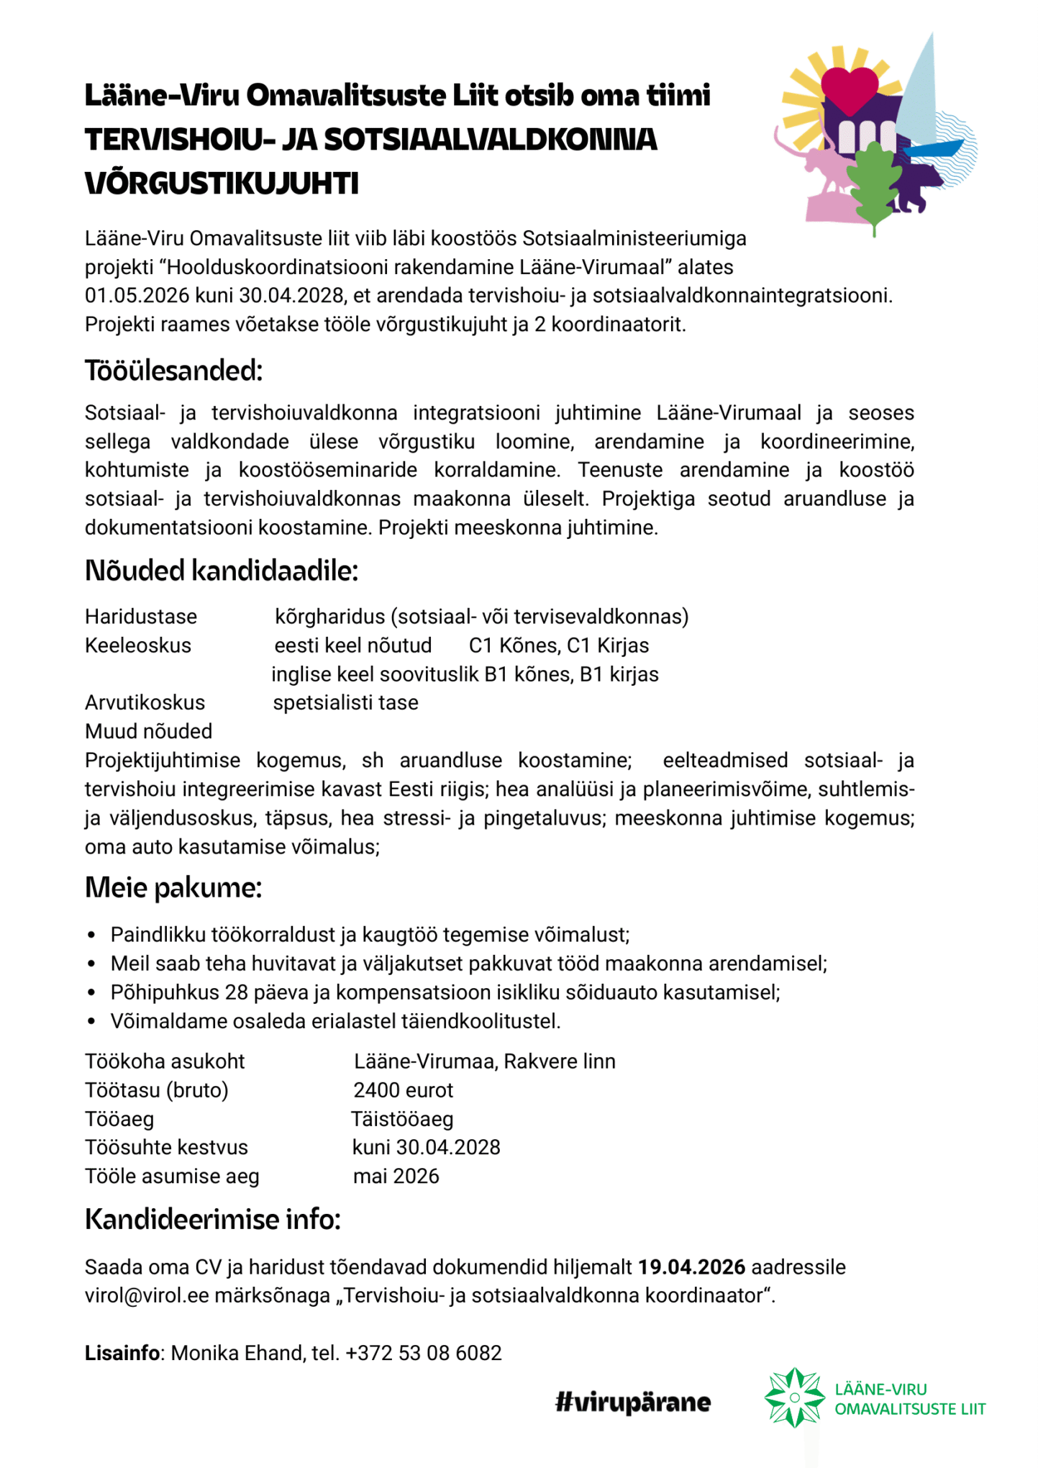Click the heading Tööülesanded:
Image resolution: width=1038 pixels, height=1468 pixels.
tap(173, 371)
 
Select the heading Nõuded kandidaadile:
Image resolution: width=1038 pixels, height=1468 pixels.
tap(221, 571)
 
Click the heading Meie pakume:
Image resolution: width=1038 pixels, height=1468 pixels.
tap(173, 888)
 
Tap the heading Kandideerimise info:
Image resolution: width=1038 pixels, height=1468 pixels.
tap(212, 1220)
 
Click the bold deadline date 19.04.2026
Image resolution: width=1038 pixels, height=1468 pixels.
tap(691, 1267)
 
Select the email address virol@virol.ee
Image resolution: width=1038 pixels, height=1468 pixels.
tap(147, 1296)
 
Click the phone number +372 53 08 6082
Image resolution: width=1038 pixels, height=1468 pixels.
tap(423, 1354)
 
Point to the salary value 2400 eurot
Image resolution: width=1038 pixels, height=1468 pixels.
tap(403, 1090)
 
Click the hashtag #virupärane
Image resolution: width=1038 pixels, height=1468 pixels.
tap(633, 1402)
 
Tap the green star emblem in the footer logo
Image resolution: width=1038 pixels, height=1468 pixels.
tap(794, 1397)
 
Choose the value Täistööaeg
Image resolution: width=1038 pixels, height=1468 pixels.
tap(402, 1119)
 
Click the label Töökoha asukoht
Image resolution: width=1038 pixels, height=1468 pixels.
tap(165, 1061)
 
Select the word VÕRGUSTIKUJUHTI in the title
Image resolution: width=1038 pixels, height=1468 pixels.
tap(222, 183)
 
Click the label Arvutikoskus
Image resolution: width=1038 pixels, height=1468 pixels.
tap(145, 703)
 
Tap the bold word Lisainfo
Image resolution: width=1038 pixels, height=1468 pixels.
tap(122, 1354)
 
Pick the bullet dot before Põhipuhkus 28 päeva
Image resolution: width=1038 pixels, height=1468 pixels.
tap(91, 993)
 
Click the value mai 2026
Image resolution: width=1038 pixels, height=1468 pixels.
tap(396, 1177)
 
